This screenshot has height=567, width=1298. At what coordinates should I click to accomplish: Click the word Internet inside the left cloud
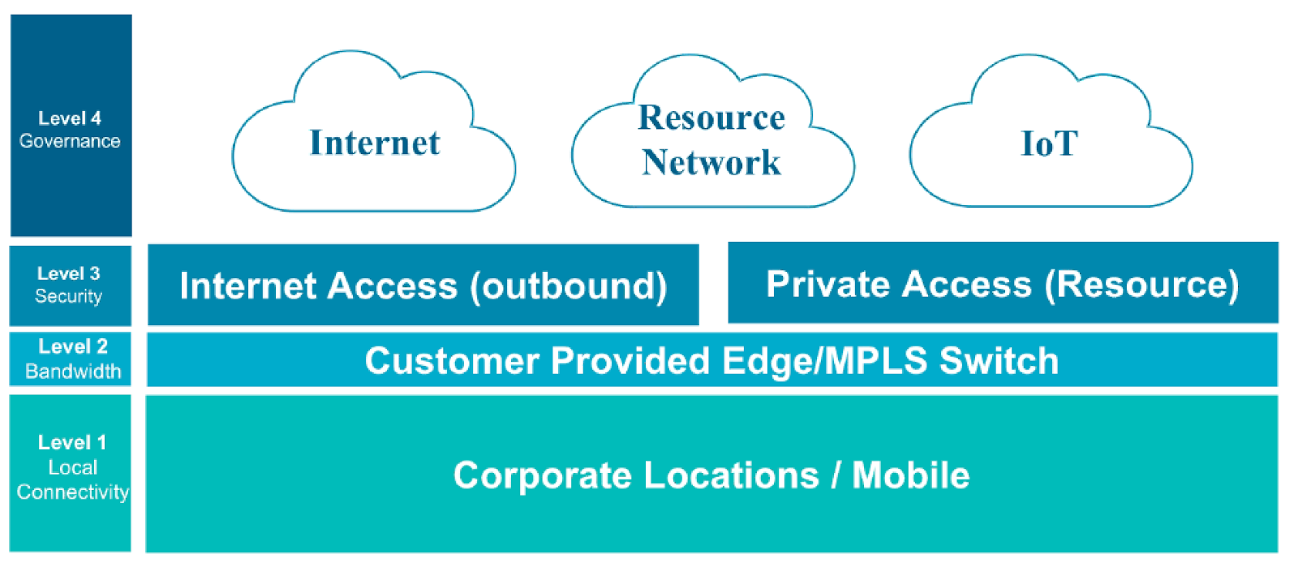tap(375, 143)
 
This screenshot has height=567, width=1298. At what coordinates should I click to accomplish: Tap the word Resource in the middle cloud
tap(711, 118)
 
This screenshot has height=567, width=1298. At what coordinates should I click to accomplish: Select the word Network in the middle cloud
tap(711, 162)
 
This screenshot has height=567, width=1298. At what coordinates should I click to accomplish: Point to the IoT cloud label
tap(1049, 144)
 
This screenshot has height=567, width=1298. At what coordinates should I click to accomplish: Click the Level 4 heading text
tap(70, 118)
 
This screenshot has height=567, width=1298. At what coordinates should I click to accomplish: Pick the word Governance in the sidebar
tap(70, 141)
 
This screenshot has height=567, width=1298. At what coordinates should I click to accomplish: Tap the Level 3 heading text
tap(69, 273)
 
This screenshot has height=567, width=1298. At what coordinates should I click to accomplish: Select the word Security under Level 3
tap(69, 296)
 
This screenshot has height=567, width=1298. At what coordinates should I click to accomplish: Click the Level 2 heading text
tap(73, 346)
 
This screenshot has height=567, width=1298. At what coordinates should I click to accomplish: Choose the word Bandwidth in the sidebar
tap(73, 372)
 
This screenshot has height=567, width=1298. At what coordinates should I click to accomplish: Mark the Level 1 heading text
tap(72, 442)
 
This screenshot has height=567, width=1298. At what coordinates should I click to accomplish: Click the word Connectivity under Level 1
tap(73, 492)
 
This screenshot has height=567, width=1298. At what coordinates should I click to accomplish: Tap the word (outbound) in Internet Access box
tap(569, 286)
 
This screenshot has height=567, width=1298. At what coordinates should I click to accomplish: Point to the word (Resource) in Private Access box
tap(1141, 285)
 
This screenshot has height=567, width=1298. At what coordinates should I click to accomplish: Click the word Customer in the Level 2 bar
tap(452, 361)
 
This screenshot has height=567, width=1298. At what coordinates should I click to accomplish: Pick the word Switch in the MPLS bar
tap(999, 361)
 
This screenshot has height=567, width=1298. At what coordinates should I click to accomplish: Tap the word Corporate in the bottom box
tap(542, 475)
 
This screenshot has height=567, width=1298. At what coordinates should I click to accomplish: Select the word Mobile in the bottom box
tap(911, 475)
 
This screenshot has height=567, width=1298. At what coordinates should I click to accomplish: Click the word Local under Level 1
tap(73, 467)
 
